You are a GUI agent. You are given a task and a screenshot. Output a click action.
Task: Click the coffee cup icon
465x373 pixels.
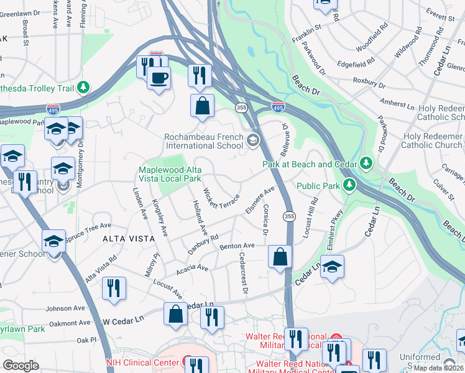pos(159,78)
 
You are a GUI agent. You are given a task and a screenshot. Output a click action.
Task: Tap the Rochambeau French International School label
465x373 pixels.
pos(203,141)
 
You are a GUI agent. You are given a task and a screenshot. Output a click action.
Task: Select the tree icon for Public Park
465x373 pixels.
pos(350,185)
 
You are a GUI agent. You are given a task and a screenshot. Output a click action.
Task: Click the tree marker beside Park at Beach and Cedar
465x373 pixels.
pos(367,163)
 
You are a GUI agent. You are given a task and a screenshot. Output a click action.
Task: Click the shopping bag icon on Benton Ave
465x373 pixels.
pos(280,256)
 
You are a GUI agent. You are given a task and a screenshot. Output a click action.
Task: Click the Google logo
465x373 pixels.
pos(21,365)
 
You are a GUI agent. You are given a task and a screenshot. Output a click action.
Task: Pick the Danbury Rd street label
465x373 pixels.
pos(203,246)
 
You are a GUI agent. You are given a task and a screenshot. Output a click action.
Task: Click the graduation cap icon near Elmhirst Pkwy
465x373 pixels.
pos(332,266)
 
